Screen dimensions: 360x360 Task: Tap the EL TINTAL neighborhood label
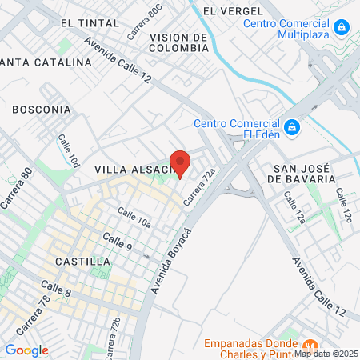[x=89, y=24]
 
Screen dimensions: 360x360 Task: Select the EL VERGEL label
[x=233, y=11]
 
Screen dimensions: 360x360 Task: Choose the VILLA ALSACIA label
[x=132, y=170]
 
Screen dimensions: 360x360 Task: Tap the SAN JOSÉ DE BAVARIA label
[x=303, y=174]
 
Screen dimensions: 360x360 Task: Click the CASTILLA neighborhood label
[x=82, y=262]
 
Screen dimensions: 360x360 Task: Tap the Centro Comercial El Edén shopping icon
[x=292, y=127]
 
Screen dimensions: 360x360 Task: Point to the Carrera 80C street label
[x=144, y=24]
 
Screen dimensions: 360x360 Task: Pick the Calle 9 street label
[x=118, y=242]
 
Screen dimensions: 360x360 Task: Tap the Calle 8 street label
[x=56, y=290]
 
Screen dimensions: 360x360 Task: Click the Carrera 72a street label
[x=200, y=185]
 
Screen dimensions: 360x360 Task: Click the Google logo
[x=26, y=350]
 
